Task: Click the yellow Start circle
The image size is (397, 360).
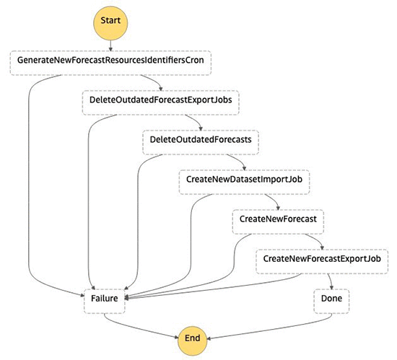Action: coord(110,23)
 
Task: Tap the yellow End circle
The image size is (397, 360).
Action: coord(193,341)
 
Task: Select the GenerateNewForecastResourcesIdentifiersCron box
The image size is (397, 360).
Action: coord(110,63)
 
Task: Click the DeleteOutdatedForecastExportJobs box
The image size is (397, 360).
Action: coord(161,102)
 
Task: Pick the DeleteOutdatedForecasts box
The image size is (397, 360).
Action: coord(201,142)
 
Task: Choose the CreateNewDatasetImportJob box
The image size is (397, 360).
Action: coord(244,182)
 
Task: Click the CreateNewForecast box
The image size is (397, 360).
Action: coord(278,221)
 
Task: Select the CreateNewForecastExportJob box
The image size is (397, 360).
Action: coord(322,261)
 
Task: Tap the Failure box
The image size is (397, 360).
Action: coord(105,301)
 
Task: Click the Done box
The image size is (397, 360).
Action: coord(331,301)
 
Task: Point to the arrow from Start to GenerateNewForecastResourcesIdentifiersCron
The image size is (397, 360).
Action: coord(110,45)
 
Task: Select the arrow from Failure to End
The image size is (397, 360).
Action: coord(136,329)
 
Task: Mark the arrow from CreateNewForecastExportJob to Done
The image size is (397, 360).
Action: coord(331,281)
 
